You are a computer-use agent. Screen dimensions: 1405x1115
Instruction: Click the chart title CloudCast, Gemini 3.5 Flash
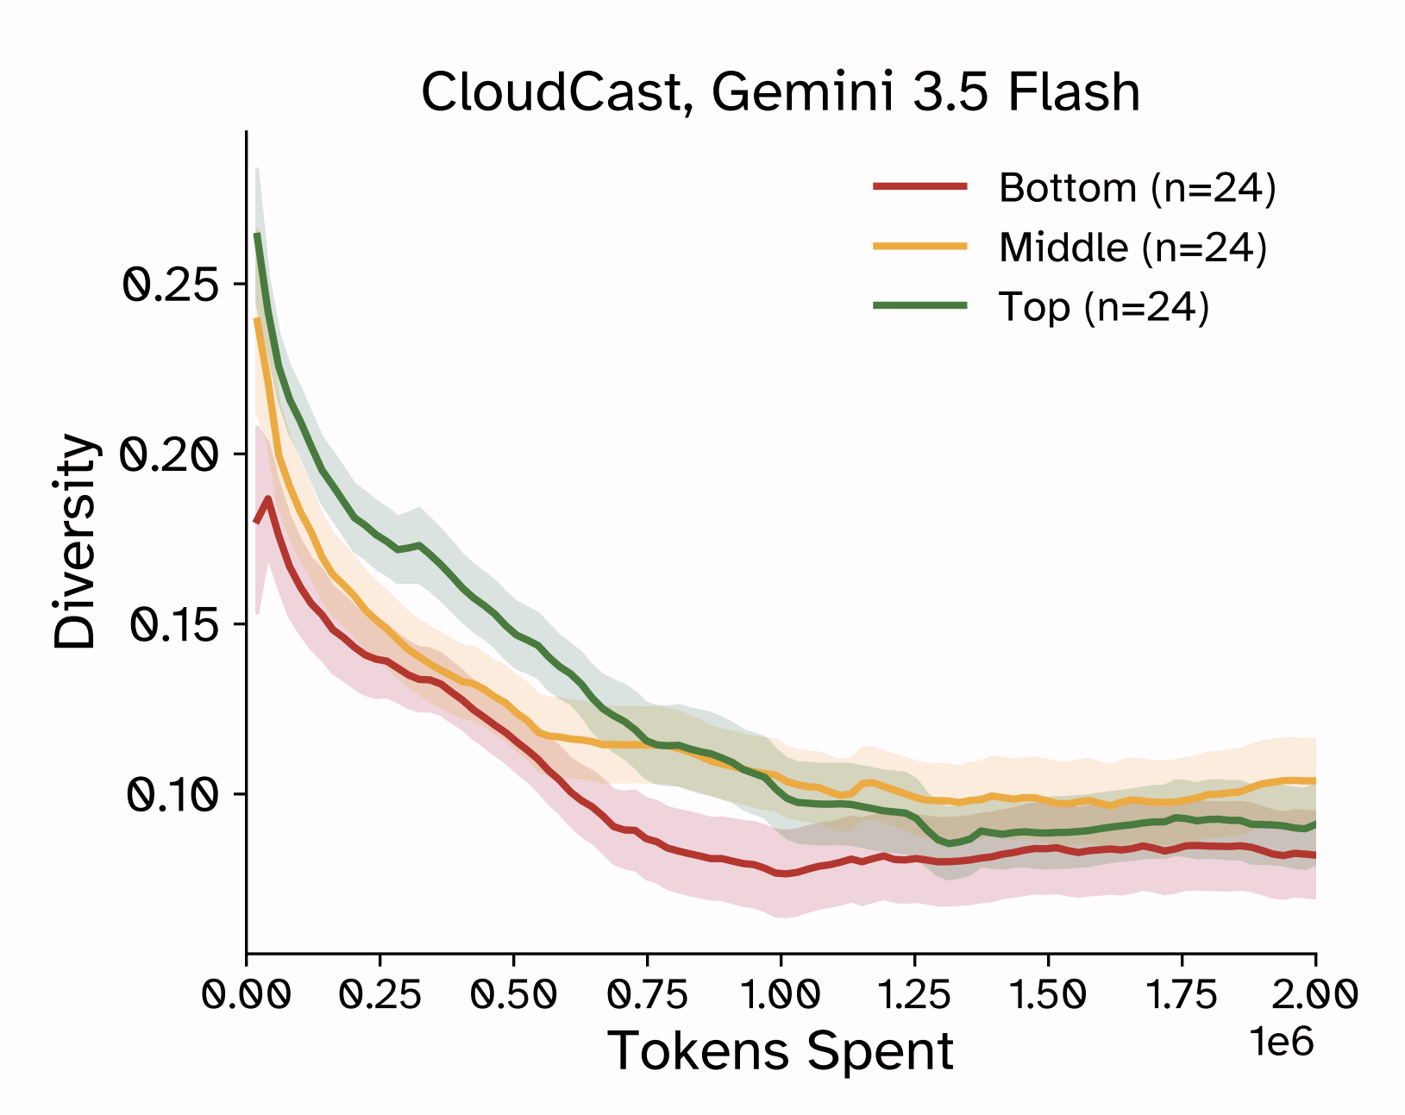pos(781,92)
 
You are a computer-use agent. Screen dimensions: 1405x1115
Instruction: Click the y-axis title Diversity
pos(74,541)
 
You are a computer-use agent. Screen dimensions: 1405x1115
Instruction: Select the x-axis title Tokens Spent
pos(781,1051)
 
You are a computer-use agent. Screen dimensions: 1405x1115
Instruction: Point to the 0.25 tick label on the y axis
pos(170,286)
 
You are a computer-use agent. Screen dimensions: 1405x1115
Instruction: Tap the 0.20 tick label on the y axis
pos(168,455)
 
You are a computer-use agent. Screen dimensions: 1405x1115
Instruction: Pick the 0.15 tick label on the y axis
pos(172,624)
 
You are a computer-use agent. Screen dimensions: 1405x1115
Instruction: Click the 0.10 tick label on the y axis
pos(171,795)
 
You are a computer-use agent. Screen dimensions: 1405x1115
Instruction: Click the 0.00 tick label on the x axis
pos(246,995)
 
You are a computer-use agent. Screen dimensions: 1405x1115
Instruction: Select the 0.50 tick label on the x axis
pos(514,995)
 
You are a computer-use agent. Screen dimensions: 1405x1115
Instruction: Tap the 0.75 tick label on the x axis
pos(647,995)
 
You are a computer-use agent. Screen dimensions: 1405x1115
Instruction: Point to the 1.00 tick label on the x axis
pos(781,995)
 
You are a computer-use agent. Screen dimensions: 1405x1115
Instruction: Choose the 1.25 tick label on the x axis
pos(914,995)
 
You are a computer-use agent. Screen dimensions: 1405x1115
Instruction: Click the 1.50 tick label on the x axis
pos(1048,995)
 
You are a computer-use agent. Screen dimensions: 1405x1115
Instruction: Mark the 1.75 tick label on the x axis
pos(1182,995)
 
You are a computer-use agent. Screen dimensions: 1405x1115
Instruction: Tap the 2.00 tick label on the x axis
pos(1315,995)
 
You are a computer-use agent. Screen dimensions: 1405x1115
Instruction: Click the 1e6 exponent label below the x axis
pos(1282,1042)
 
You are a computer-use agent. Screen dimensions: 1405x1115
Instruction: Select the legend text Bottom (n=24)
pos(1138,189)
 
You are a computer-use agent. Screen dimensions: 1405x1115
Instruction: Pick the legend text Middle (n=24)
pos(1132,248)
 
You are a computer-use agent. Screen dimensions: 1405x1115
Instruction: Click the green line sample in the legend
pos(920,305)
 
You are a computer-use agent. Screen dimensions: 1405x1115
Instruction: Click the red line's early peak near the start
pos(267,498)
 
